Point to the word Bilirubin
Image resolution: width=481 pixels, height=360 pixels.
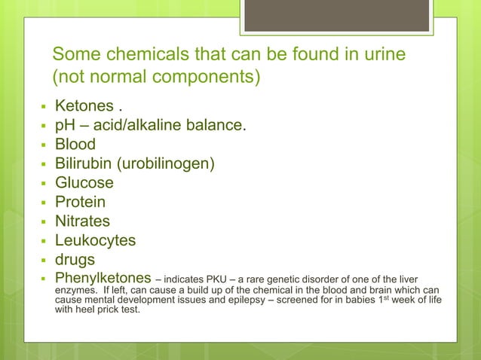pyautogui.click(x=83, y=163)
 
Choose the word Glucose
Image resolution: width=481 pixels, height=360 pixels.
pyautogui.click(x=84, y=183)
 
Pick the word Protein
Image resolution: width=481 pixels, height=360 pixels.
pyautogui.click(x=80, y=202)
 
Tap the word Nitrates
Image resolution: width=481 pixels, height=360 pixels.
pyautogui.click(x=82, y=221)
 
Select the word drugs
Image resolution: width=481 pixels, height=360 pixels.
pyautogui.click(x=75, y=260)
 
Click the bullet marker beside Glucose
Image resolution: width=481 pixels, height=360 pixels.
pyautogui.click(x=44, y=183)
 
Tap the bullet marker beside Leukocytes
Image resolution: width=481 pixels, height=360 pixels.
pyautogui.click(x=44, y=241)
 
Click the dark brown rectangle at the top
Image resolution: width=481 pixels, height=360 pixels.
pyautogui.click(x=336, y=16)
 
